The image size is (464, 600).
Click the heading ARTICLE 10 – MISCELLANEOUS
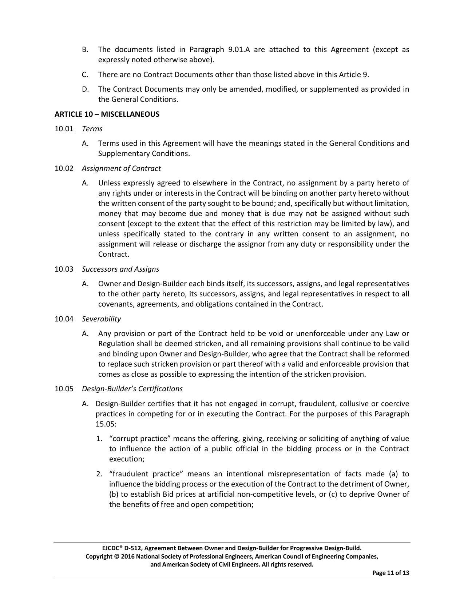pyautogui.click(x=107, y=114)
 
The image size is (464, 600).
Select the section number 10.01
pyautogui.click(x=64, y=129)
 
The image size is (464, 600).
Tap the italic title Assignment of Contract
pyautogui.click(x=121, y=168)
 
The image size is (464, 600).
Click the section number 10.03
pyautogui.click(x=64, y=269)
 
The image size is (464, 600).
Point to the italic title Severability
pyautogui.click(x=101, y=319)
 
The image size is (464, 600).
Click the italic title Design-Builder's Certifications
pyautogui.click(x=132, y=389)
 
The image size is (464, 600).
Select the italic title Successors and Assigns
pyautogui.click(x=120, y=269)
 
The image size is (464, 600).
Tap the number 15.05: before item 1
pyautogui.click(x=106, y=424)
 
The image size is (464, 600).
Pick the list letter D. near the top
pyautogui.click(x=85, y=89)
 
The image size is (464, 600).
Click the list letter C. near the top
pyautogui.click(x=85, y=75)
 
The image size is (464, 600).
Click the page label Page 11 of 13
pyautogui.click(x=390, y=573)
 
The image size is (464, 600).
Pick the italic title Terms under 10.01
pyautogui.click(x=92, y=129)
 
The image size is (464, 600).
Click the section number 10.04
pyautogui.click(x=64, y=319)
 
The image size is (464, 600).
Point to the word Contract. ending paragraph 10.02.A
pyautogui.click(x=114, y=254)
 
